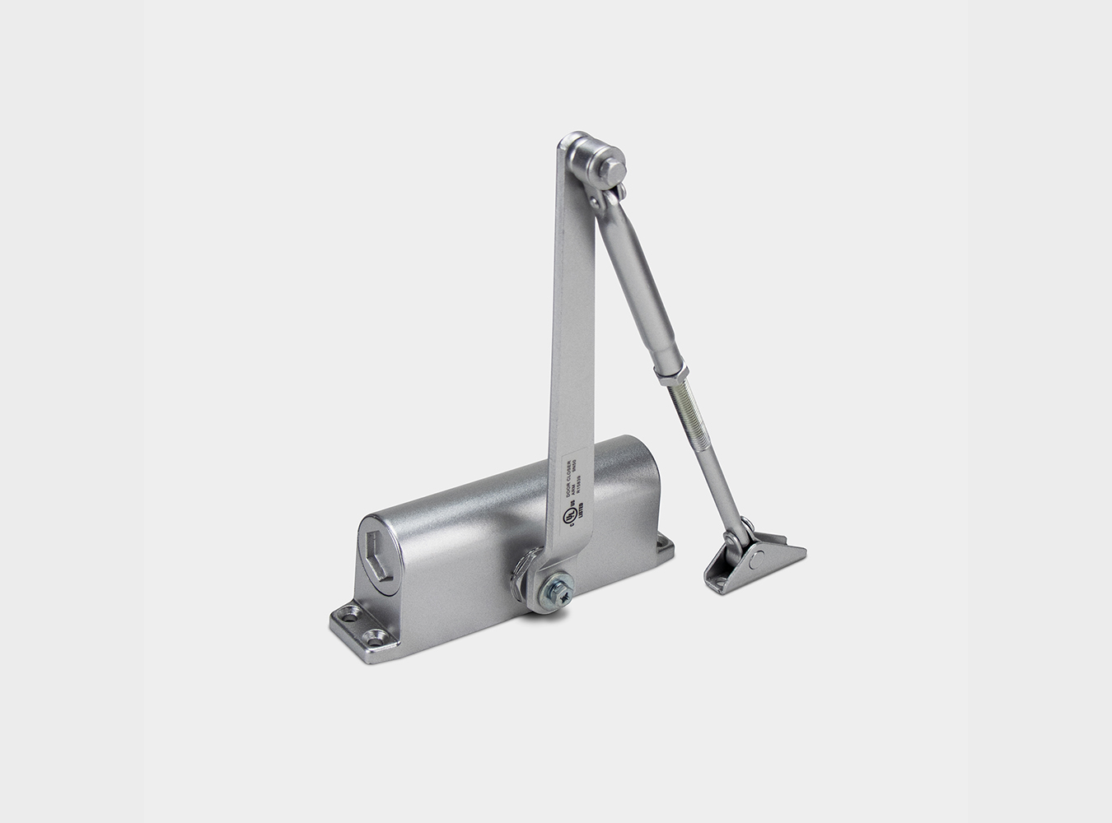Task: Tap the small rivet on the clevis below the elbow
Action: click(620, 193)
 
